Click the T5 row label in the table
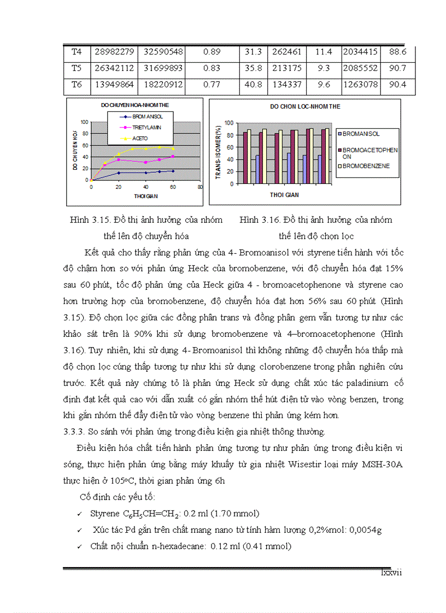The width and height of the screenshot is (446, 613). point(76,69)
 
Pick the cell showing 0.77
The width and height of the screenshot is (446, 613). point(211,86)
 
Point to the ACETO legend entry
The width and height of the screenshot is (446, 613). point(140,139)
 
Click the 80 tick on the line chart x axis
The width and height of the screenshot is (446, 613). point(199,187)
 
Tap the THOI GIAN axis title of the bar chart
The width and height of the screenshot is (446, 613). point(284,194)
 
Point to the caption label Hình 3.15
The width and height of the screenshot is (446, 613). point(87,220)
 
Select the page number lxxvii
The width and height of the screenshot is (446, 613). point(391,573)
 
